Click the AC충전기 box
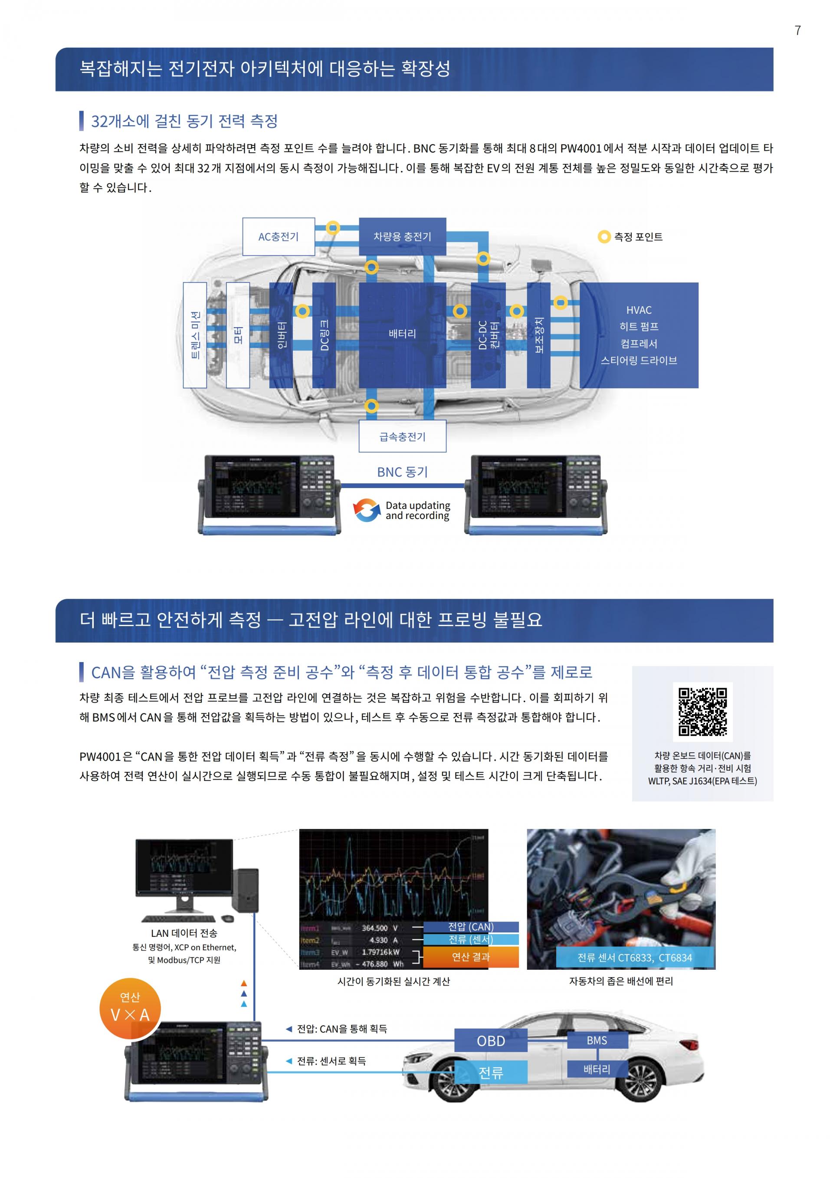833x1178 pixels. pyautogui.click(x=278, y=236)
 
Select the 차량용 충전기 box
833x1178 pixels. pyautogui.click(x=402, y=236)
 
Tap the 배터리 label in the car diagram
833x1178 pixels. pyautogui.click(x=402, y=334)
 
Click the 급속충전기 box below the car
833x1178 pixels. pyautogui.click(x=402, y=436)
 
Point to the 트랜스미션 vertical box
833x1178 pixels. pyautogui.click(x=195, y=335)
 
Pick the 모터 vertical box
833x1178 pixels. pyautogui.click(x=238, y=335)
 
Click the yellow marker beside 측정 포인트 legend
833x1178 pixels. pyautogui.click(x=604, y=237)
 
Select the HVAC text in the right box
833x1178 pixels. pyautogui.click(x=639, y=310)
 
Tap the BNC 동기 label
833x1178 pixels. pyautogui.click(x=402, y=472)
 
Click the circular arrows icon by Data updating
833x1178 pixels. pyautogui.click(x=366, y=511)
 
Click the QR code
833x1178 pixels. pyautogui.click(x=702, y=712)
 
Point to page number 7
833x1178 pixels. pyautogui.click(x=797, y=31)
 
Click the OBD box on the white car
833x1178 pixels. pyautogui.click(x=491, y=1041)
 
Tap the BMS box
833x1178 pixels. pyautogui.click(x=597, y=1040)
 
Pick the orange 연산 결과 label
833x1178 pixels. pyautogui.click(x=470, y=957)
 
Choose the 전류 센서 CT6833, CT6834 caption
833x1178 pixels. pyautogui.click(x=634, y=958)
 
